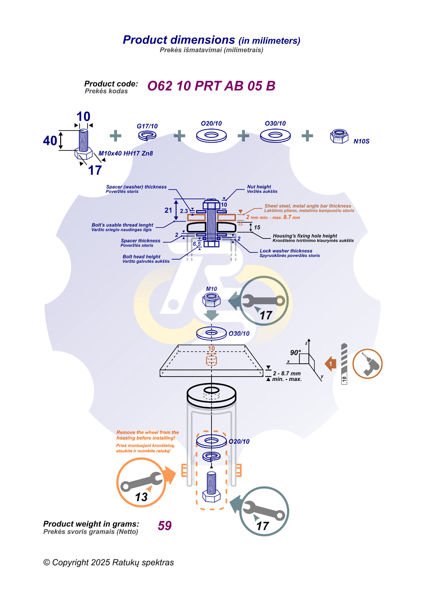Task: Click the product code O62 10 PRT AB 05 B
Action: point(211,86)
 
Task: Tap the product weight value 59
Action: point(165,526)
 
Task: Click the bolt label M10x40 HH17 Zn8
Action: point(126,153)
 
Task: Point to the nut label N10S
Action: point(361,141)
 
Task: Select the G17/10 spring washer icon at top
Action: point(147,136)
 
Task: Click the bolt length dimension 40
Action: point(50,141)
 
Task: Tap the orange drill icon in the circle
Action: point(368,364)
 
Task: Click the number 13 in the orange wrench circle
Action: point(141,497)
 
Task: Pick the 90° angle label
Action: point(295,353)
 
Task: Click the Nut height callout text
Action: point(259,187)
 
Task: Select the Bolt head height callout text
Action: point(142,257)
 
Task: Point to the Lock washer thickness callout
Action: point(286,251)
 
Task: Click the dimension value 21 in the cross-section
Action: point(168,210)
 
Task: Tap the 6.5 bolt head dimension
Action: point(197,244)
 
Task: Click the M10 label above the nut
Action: point(211,289)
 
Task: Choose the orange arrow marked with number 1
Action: point(331,364)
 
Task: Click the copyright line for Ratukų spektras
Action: point(108,562)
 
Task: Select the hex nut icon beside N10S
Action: point(339,136)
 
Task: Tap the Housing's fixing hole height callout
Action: point(305,236)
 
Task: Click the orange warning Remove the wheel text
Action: point(148,435)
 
